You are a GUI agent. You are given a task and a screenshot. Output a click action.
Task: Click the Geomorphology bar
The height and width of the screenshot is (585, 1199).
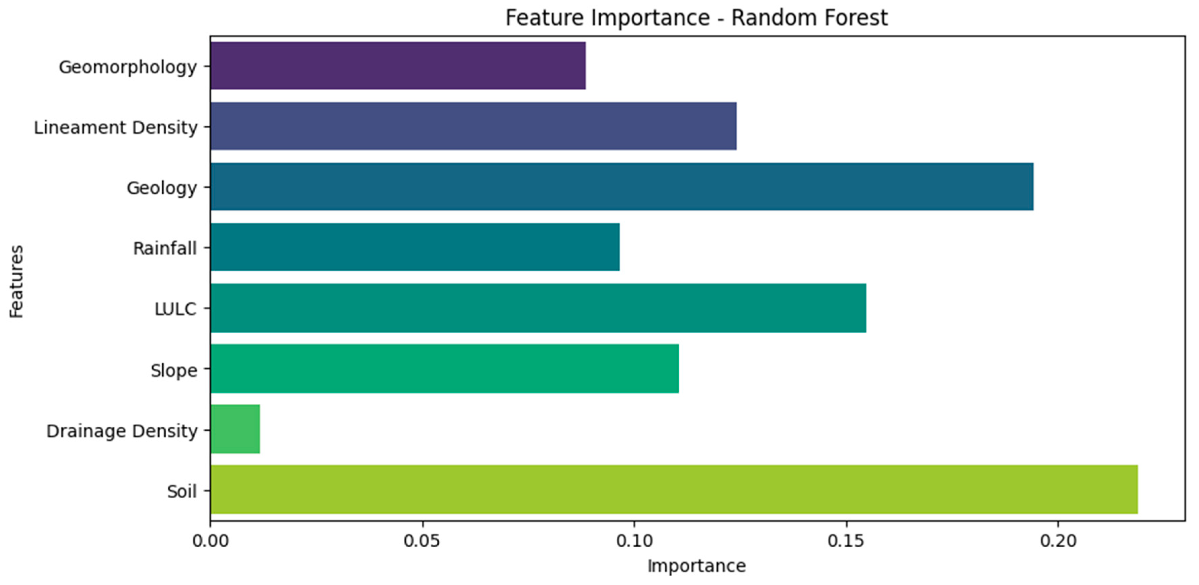point(398,66)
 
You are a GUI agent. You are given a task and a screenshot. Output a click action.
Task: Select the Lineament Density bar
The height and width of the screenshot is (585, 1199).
point(473,126)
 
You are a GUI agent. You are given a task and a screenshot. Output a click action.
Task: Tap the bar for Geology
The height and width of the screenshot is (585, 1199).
point(622,187)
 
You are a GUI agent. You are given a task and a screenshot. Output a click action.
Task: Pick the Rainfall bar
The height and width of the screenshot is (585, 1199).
point(415,247)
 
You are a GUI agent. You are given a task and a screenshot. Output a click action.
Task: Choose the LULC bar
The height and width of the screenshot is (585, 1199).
point(538,308)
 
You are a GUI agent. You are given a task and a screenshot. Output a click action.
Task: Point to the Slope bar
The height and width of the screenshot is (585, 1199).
point(444,368)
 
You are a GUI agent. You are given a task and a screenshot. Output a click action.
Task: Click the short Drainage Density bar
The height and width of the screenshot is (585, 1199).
point(235,429)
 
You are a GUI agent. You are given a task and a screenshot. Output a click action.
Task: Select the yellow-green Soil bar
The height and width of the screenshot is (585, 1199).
point(674,490)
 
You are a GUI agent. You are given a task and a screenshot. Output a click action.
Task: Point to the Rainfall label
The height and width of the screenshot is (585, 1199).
point(165,248)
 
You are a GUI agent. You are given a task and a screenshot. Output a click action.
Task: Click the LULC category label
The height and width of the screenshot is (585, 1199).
point(175,309)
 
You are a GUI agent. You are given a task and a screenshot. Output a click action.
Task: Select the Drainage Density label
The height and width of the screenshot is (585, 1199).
point(122,431)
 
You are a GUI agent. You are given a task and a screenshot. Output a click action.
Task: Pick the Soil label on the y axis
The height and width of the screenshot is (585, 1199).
point(182,492)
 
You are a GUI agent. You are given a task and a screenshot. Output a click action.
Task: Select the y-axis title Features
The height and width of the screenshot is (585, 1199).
point(16,281)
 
